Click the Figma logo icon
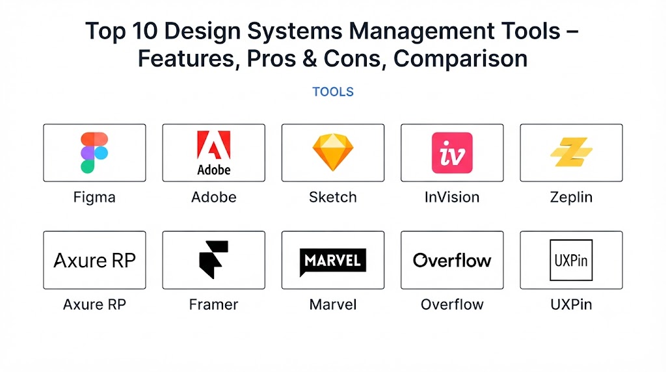tap(94, 153)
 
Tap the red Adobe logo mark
tap(213, 145)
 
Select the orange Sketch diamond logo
tap(333, 152)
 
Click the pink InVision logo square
tap(452, 153)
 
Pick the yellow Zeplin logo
tap(571, 152)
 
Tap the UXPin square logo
tap(571, 260)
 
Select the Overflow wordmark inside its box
tap(452, 260)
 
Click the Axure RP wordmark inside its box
tap(94, 260)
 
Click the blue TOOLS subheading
tap(333, 92)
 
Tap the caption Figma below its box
tap(94, 198)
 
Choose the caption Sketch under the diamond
tap(333, 197)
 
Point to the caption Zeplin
tap(571, 198)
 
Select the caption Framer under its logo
tap(213, 304)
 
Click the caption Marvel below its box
tap(333, 304)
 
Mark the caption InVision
tap(452, 197)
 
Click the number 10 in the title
tap(144, 31)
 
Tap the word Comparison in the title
tap(460, 59)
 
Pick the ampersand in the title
tap(310, 59)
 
